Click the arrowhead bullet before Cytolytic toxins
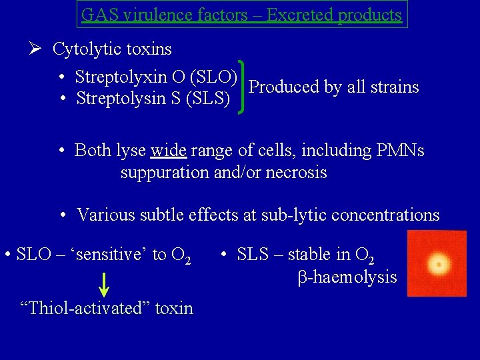36,49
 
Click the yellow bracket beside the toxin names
243,87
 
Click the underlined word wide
169,150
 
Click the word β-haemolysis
347,277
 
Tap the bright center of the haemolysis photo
439,265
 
